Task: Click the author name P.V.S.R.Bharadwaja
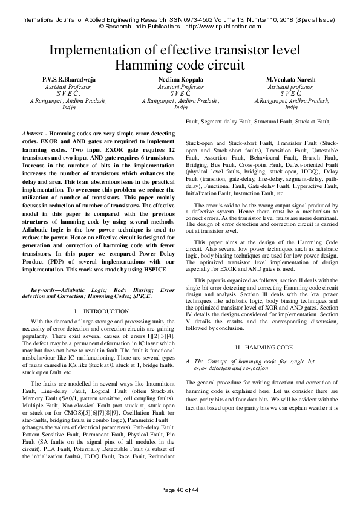click(68, 80)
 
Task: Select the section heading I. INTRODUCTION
click(100, 311)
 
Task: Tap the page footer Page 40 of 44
click(180, 489)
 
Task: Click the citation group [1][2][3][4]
click(158, 334)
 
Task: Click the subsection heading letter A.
click(189, 361)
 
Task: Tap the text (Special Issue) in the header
click(318, 19)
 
